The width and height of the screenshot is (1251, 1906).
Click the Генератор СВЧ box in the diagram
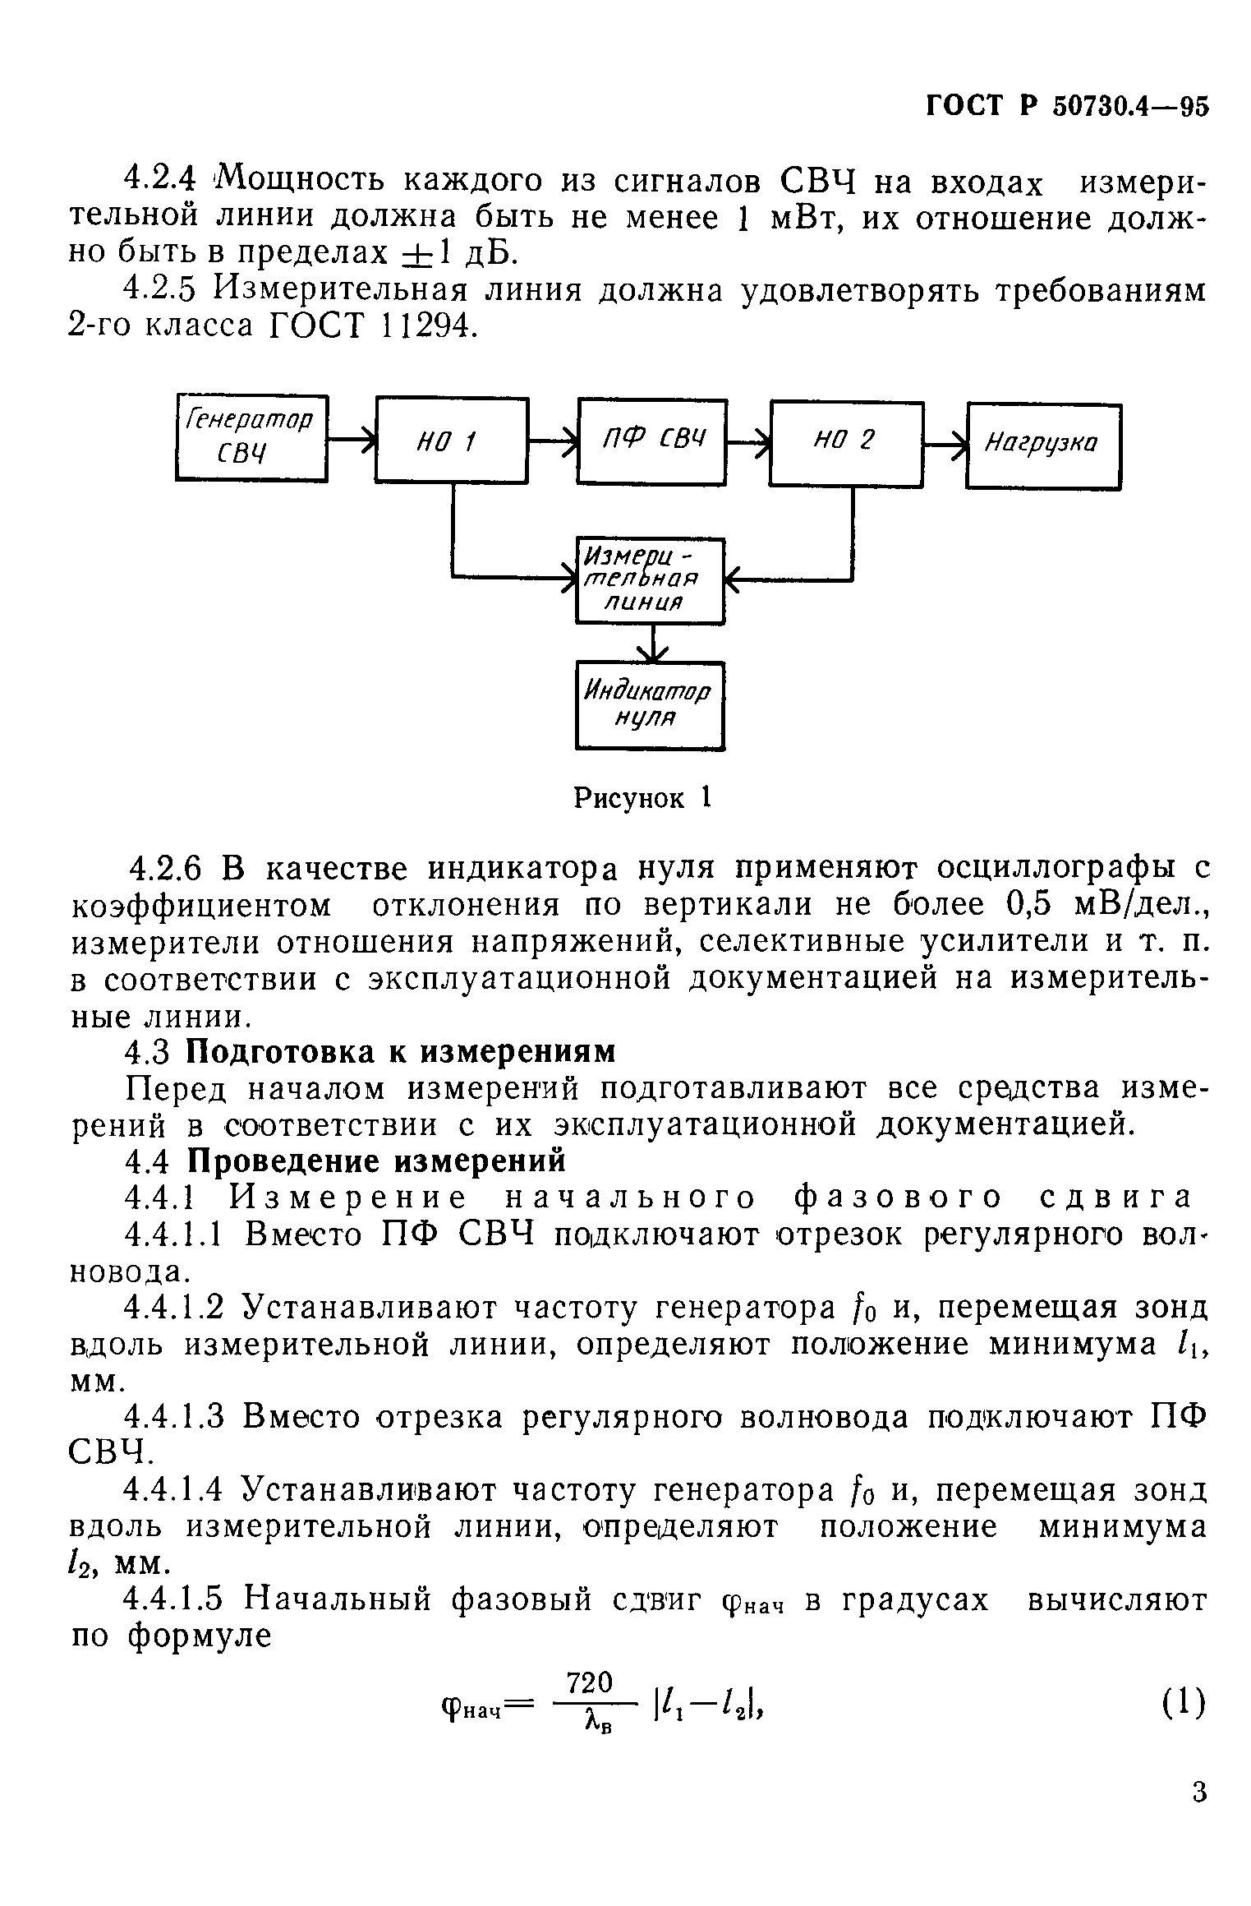coord(251,437)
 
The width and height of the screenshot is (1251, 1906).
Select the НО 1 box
coord(452,441)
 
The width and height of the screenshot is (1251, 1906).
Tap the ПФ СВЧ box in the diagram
coord(652,441)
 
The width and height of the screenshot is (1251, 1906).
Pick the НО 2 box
coord(846,443)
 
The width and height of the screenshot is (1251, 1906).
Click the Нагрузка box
coord(1043,446)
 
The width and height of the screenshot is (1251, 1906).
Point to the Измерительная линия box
coord(650,580)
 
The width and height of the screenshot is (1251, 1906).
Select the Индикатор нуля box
coord(650,705)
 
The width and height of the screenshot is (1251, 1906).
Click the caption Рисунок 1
coord(642,797)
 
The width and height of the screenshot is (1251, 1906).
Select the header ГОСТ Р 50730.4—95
coord(1067,107)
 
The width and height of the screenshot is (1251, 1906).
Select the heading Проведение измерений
coord(376,1161)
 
